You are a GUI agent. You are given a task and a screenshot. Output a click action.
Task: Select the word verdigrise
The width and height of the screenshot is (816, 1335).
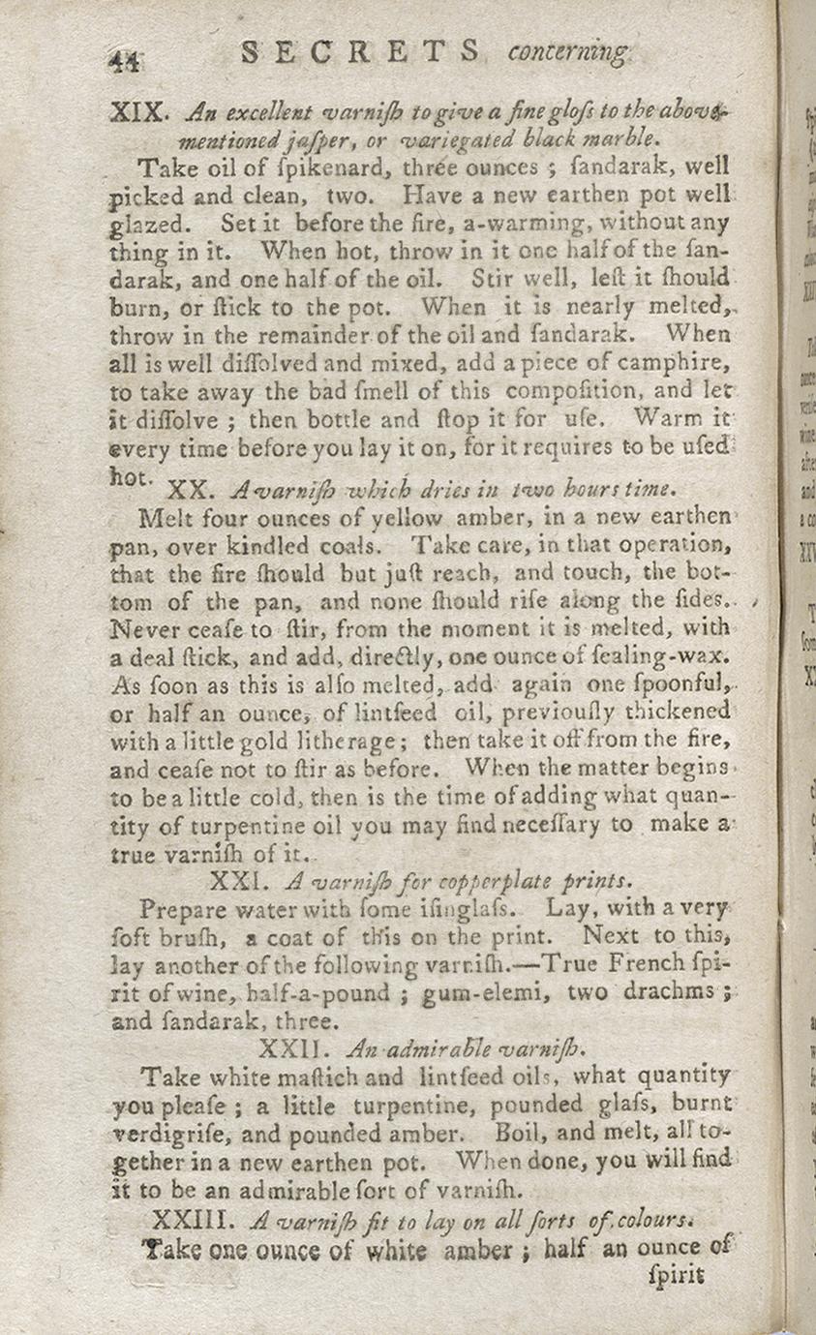[x=189, y=1132]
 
